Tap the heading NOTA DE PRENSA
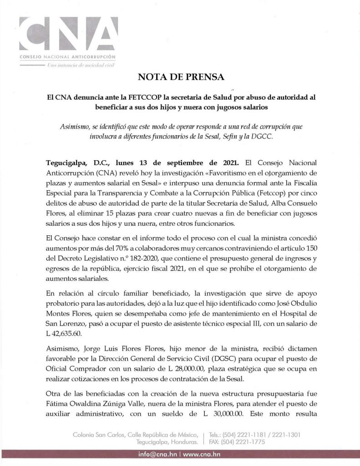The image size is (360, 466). click(180, 77)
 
